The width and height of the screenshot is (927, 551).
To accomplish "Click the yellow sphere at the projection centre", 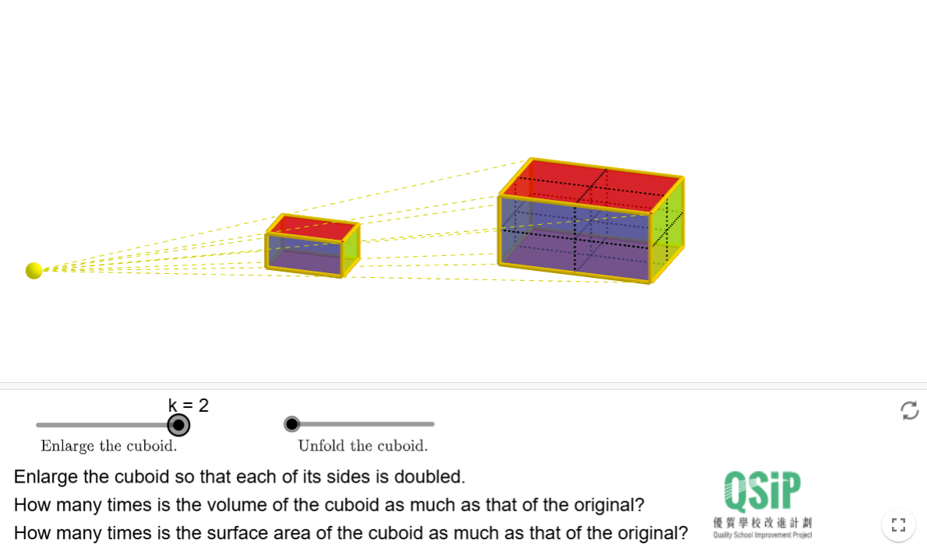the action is tap(33, 271).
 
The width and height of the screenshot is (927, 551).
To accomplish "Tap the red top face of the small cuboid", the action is tap(313, 228).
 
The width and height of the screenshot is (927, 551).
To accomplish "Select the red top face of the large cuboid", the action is tap(592, 185).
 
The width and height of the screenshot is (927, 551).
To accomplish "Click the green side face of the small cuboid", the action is tap(351, 251).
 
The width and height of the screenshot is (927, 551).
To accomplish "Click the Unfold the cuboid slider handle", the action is tap(291, 424).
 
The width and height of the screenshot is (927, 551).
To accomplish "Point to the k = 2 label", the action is tap(189, 405).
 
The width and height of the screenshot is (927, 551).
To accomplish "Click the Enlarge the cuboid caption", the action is tap(109, 446).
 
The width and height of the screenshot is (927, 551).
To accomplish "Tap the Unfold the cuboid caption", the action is tap(362, 446).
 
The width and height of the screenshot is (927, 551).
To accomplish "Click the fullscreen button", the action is tap(899, 525).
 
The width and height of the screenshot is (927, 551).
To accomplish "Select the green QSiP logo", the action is tap(762, 491).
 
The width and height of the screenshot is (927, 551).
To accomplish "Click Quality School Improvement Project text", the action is tap(762, 535).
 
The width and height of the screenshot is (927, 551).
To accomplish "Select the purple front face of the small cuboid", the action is tap(304, 254).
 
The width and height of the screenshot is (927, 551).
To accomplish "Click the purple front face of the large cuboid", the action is tap(575, 239).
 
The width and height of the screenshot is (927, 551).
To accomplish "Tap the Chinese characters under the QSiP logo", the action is tap(762, 523).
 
